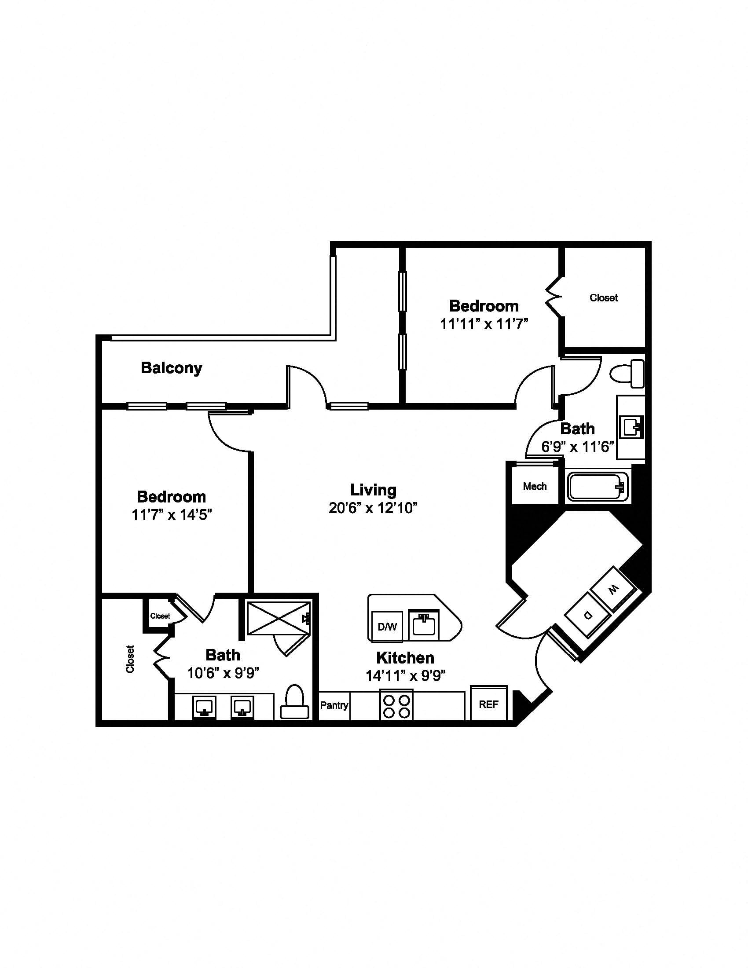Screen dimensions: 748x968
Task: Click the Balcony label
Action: pyautogui.click(x=172, y=368)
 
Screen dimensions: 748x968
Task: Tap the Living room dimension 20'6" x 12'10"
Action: pyautogui.click(x=373, y=508)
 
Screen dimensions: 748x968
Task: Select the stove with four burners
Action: pyautogui.click(x=396, y=706)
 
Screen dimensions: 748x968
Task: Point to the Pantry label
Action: pyautogui.click(x=334, y=705)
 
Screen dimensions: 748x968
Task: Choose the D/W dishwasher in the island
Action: pyautogui.click(x=387, y=627)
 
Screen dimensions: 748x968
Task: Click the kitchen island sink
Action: pyautogui.click(x=424, y=624)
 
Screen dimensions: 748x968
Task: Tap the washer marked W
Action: pyautogui.click(x=613, y=590)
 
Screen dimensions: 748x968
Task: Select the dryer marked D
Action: pyautogui.click(x=587, y=615)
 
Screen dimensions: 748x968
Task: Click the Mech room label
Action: pyautogui.click(x=535, y=486)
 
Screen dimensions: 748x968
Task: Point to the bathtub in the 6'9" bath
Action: pyautogui.click(x=598, y=487)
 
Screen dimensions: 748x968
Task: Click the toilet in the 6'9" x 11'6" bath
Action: pyautogui.click(x=627, y=374)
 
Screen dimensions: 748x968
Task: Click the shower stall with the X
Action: pyautogui.click(x=278, y=618)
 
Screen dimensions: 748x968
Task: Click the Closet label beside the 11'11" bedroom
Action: pyautogui.click(x=604, y=298)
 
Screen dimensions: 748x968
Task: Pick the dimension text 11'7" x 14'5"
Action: pyautogui.click(x=172, y=515)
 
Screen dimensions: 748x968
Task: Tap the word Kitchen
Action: pyautogui.click(x=405, y=658)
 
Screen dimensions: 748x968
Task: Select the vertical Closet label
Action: pyautogui.click(x=130, y=659)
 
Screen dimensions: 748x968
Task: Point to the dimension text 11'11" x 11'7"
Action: pyautogui.click(x=484, y=324)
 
